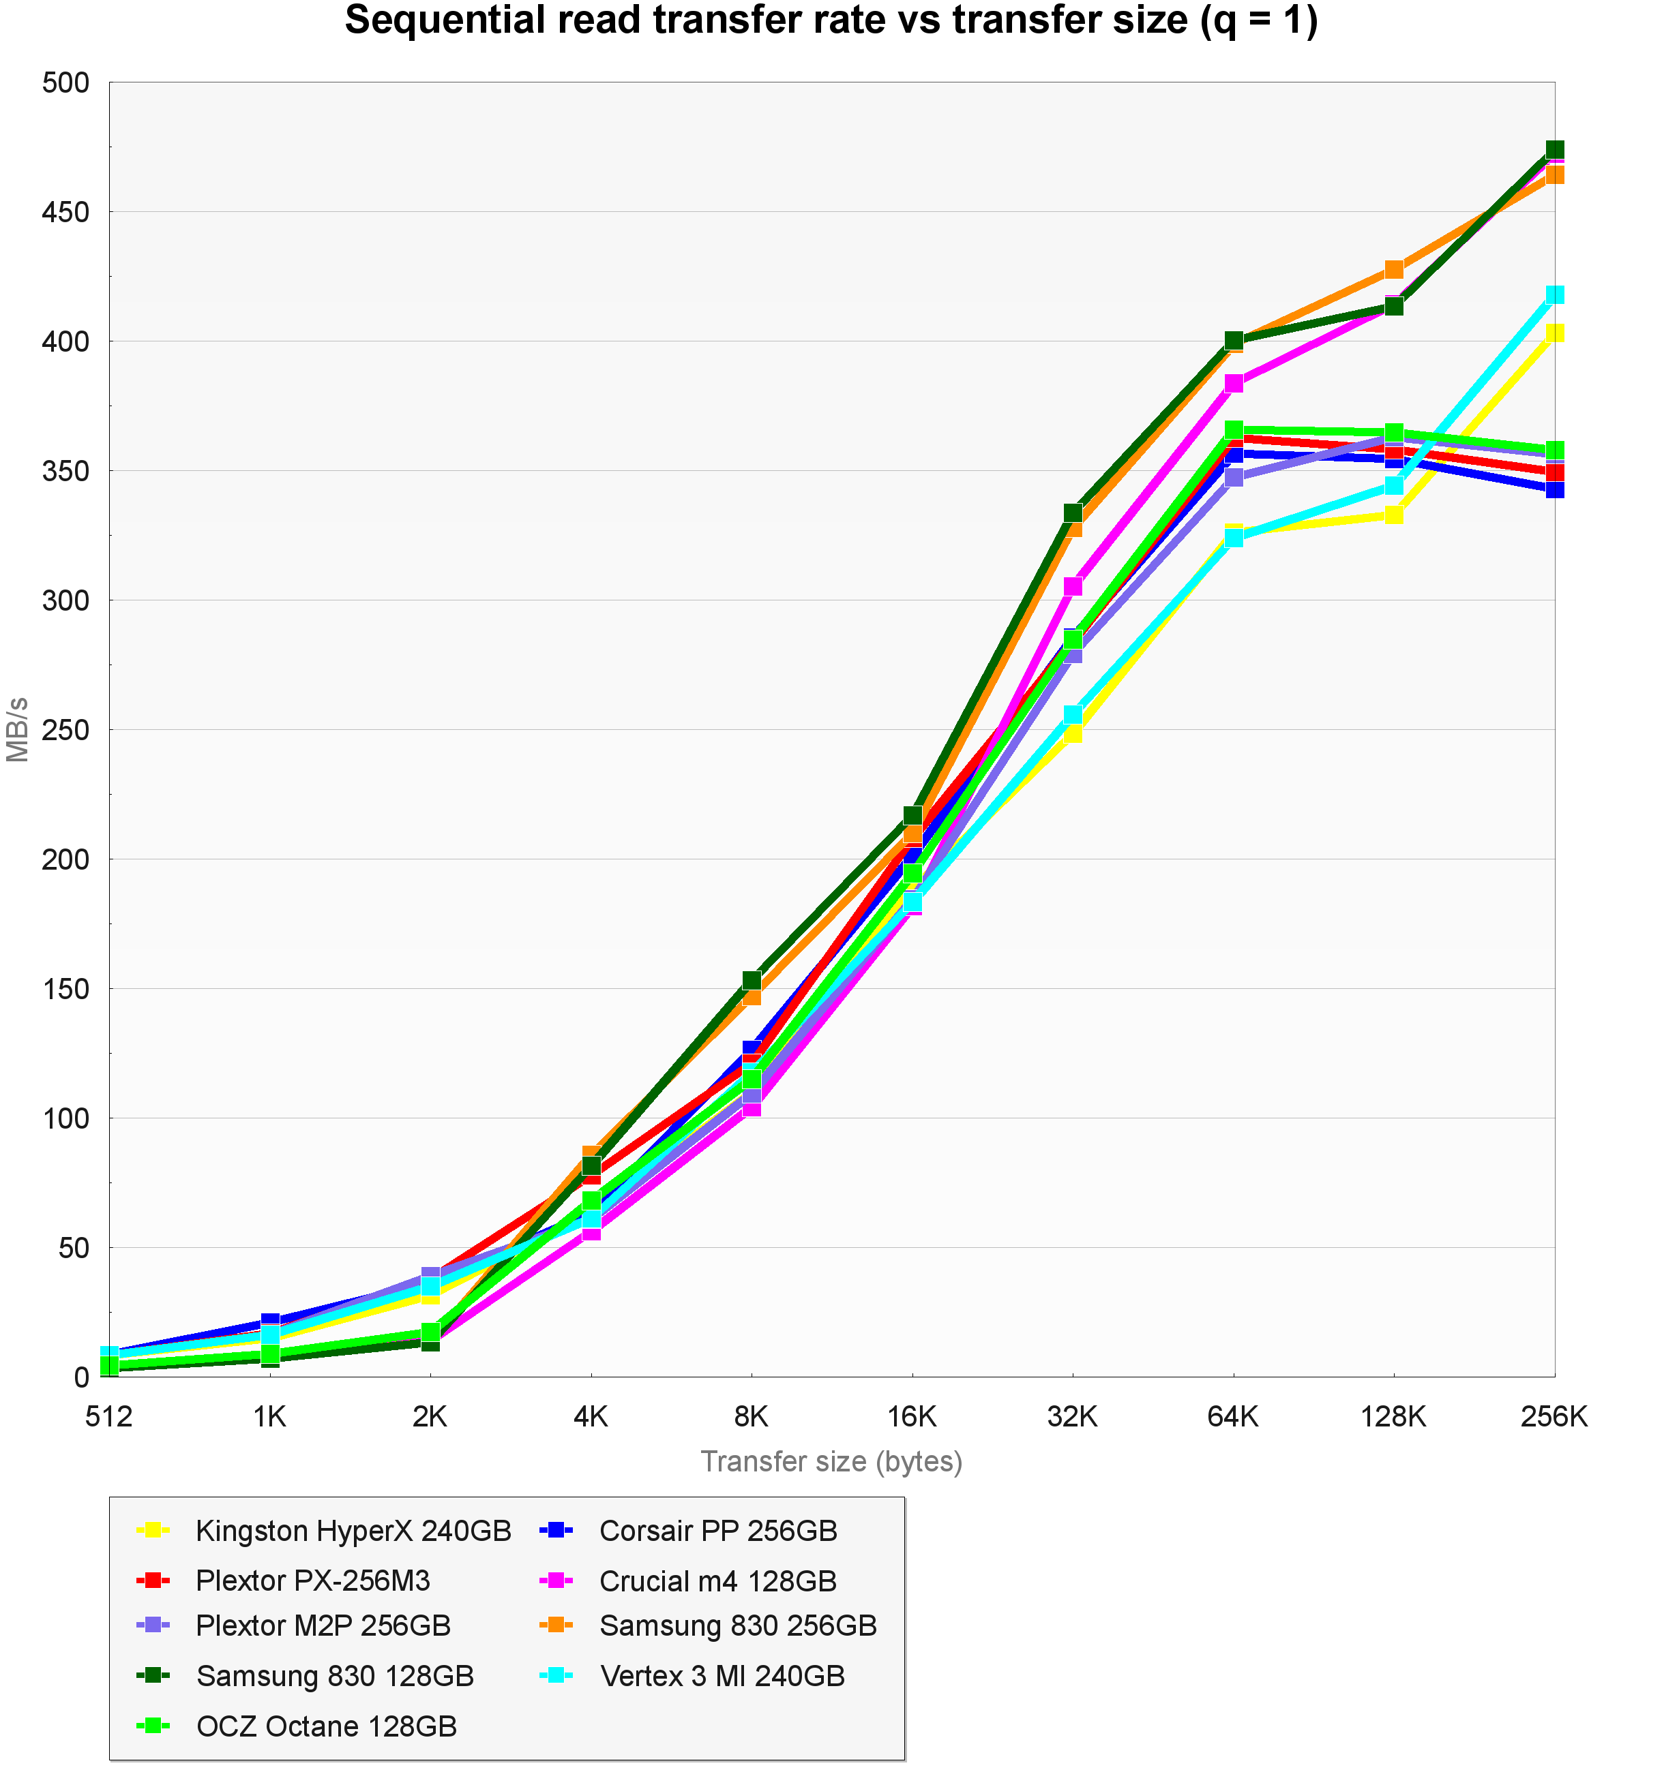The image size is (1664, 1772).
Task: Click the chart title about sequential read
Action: coord(831,21)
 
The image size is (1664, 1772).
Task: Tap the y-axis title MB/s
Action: coord(18,729)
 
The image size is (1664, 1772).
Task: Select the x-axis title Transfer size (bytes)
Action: coord(831,1462)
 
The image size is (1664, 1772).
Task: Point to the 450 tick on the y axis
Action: coord(66,212)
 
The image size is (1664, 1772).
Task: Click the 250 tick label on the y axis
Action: coord(66,730)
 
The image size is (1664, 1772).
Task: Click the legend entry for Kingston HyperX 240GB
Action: coord(353,1531)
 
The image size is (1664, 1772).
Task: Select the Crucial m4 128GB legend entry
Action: coord(718,1581)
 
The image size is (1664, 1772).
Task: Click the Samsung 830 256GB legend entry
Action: coord(737,1626)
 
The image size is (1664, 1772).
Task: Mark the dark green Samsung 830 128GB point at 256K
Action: coord(1554,150)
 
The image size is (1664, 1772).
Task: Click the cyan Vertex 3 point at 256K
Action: coord(1554,295)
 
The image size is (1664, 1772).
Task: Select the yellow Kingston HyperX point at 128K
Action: coord(1394,515)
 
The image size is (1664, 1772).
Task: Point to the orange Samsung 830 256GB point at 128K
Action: coord(1394,269)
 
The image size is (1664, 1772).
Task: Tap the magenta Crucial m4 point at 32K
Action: coord(1073,585)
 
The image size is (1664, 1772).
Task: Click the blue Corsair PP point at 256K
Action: coord(1554,489)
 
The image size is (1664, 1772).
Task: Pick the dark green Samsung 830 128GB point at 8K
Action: coord(752,981)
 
